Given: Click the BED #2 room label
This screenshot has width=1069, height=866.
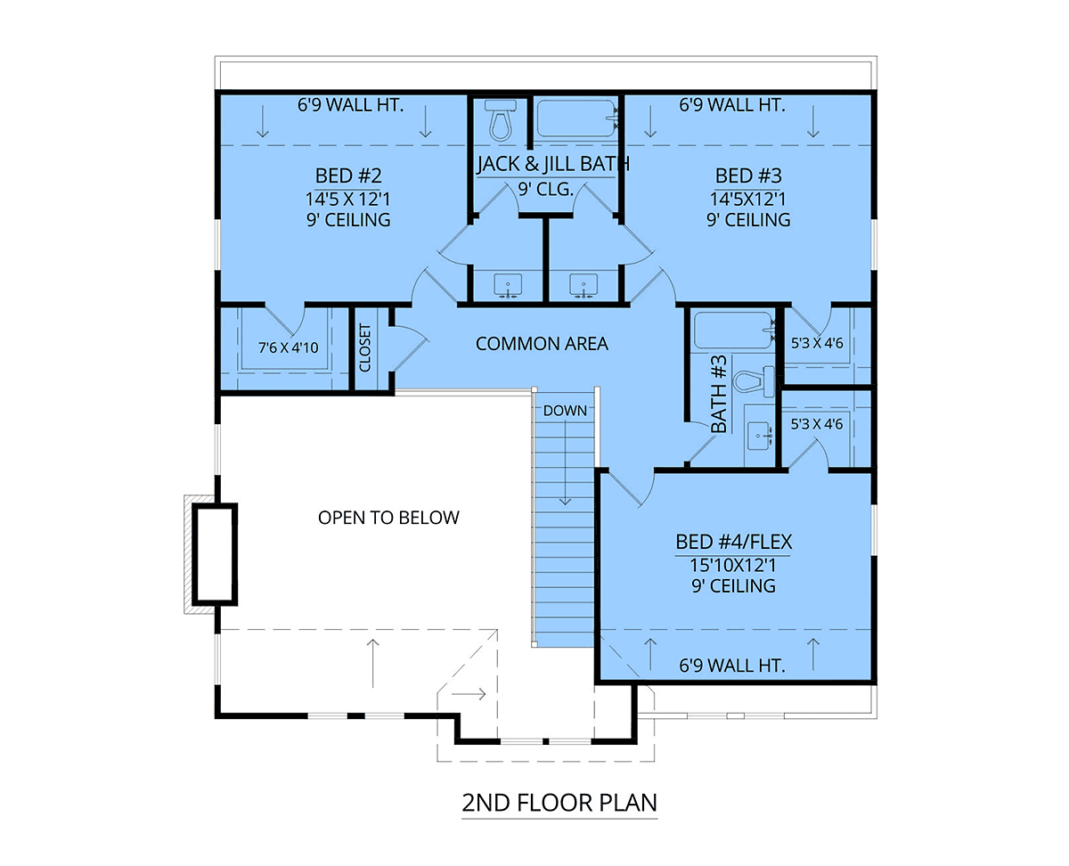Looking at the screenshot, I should click(352, 175).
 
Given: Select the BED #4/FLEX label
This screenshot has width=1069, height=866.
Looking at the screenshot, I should click(734, 542).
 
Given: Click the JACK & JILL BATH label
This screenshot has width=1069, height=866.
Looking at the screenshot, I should click(552, 164).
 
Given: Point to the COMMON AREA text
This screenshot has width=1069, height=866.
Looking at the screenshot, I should click(542, 344).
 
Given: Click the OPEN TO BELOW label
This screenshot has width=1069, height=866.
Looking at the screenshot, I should click(388, 518).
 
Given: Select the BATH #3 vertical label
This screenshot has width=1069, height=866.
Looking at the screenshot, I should click(720, 395).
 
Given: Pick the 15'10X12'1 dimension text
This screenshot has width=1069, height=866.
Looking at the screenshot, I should click(734, 564).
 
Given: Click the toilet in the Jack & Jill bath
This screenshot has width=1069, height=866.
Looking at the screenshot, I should click(501, 122).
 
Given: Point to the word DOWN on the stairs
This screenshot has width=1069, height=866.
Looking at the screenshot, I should click(565, 411).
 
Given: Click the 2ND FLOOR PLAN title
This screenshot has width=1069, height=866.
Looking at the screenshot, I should click(559, 803).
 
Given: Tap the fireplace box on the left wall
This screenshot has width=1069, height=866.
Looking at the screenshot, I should click(215, 552).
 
